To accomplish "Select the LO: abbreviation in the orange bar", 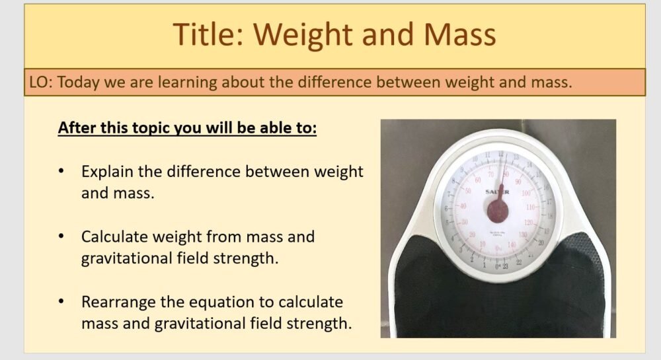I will [41, 83].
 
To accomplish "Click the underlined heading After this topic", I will [188, 127].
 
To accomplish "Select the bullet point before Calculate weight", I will [61, 236].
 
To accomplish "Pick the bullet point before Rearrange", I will [61, 302].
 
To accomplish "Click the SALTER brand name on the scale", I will [498, 192].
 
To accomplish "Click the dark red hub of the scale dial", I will [498, 210].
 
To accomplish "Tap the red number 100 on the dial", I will [526, 194].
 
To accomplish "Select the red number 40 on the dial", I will [463, 207].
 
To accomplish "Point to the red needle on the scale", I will [500, 188].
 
